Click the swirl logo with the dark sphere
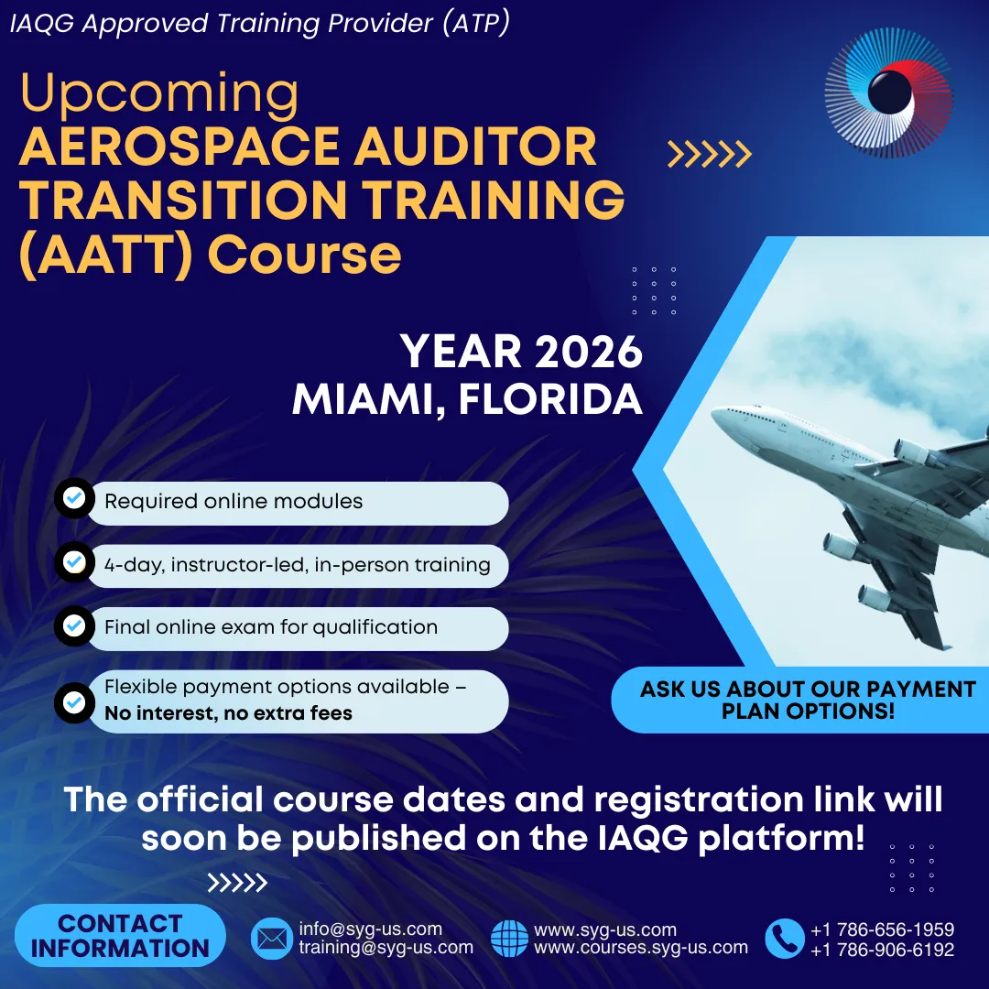[x=888, y=92]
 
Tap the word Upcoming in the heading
[x=159, y=93]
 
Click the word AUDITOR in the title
[x=475, y=147]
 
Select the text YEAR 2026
[x=521, y=352]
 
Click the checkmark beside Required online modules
[x=74, y=498]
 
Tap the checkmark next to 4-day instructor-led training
[x=74, y=561]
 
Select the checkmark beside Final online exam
[x=74, y=625]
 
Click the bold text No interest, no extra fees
[x=228, y=713]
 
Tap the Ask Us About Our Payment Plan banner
[x=799, y=700]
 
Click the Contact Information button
[x=120, y=936]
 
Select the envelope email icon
[x=272, y=939]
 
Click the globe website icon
[x=510, y=939]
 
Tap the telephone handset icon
[x=785, y=939]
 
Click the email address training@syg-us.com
[x=386, y=948]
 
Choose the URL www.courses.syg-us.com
[x=641, y=948]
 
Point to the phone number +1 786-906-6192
[x=883, y=950]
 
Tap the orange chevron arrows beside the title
[x=710, y=155]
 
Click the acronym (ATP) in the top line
[x=476, y=23]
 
